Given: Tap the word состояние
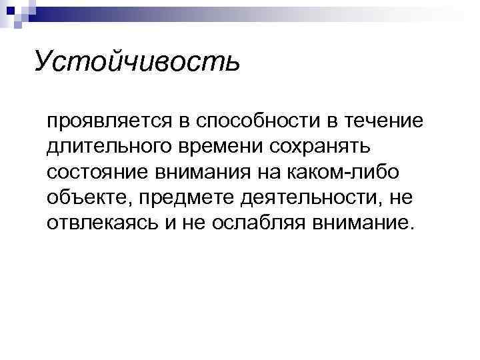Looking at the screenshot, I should [x=97, y=172].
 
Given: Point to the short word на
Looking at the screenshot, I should [x=275, y=172].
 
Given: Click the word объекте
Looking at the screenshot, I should [x=86, y=197].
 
